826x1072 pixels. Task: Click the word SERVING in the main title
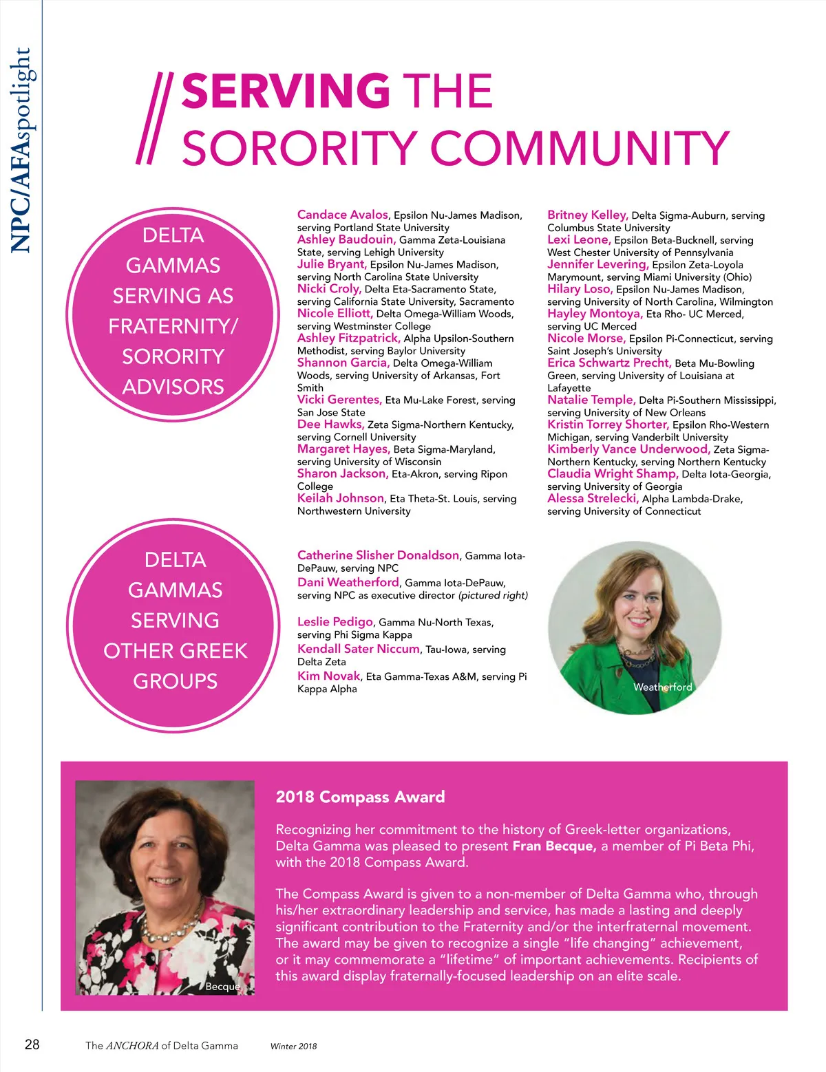(x=286, y=92)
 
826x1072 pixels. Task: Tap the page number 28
(x=32, y=1044)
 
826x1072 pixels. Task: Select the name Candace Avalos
(x=343, y=215)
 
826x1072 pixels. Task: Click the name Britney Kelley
(x=587, y=215)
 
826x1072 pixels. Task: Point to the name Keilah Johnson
(x=341, y=498)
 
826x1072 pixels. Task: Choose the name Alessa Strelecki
(x=593, y=498)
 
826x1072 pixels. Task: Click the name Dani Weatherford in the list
(x=348, y=583)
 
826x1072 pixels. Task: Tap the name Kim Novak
(x=329, y=676)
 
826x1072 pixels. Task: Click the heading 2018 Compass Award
(x=360, y=797)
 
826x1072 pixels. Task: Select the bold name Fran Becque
(x=554, y=846)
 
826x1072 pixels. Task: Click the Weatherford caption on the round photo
(x=662, y=687)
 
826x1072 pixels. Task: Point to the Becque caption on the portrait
(x=223, y=986)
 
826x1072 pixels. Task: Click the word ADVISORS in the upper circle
(x=173, y=387)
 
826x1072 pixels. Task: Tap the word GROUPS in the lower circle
(x=176, y=681)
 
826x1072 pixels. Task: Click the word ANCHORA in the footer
(x=132, y=1046)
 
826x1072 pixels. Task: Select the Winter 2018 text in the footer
(x=294, y=1047)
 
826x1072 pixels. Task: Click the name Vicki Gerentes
(x=339, y=400)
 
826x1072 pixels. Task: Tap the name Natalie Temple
(x=591, y=400)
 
